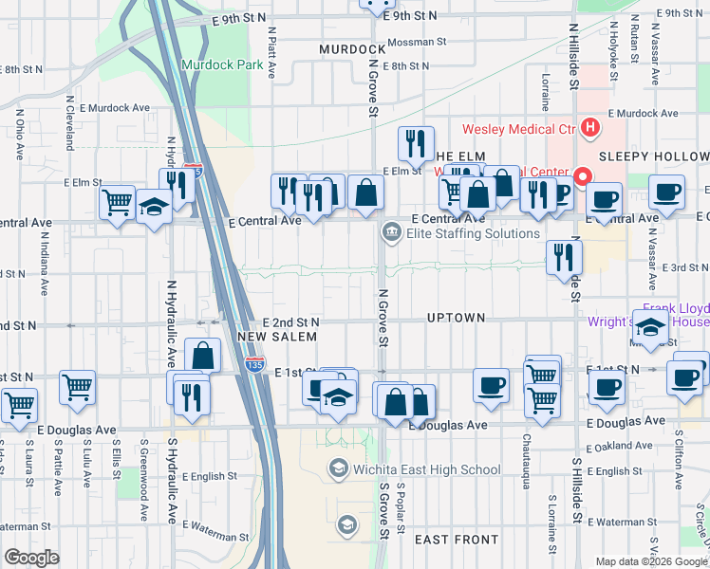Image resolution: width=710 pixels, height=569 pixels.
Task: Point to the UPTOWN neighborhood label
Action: [x=457, y=318]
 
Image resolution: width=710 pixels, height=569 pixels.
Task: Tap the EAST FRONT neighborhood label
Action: [x=457, y=540]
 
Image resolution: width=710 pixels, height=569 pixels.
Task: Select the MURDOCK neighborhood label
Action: [x=352, y=48]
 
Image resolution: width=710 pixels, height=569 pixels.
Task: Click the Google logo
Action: [x=31, y=558]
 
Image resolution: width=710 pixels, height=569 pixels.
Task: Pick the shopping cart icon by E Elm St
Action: [x=117, y=201]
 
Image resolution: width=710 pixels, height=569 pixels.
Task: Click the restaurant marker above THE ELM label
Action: [x=415, y=143]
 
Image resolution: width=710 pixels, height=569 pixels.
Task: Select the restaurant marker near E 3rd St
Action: [x=565, y=255]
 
